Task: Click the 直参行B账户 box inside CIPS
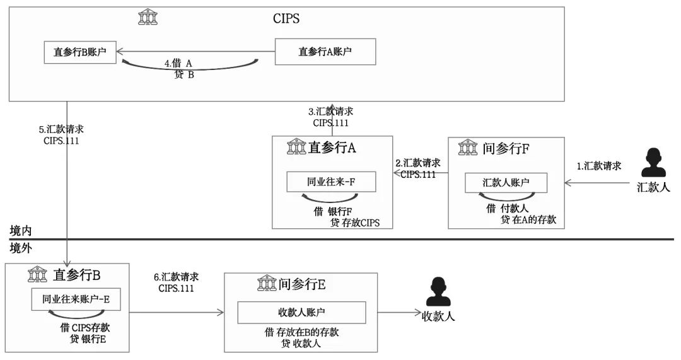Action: [x=79, y=52]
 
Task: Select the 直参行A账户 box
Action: [x=325, y=52]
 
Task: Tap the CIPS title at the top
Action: [x=286, y=18]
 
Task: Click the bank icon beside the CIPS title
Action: [x=148, y=18]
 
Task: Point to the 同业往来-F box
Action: [x=331, y=183]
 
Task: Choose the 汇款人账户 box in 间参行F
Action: [x=506, y=183]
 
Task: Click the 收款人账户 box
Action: [x=301, y=312]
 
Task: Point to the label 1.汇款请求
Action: [x=599, y=166]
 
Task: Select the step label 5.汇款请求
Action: [x=61, y=129]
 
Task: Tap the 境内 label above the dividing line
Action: [x=20, y=231]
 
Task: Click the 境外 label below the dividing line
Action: [x=20, y=248]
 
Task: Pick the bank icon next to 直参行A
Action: [x=296, y=148]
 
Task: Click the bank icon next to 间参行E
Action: [x=267, y=284]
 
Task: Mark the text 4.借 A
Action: [x=178, y=64]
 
